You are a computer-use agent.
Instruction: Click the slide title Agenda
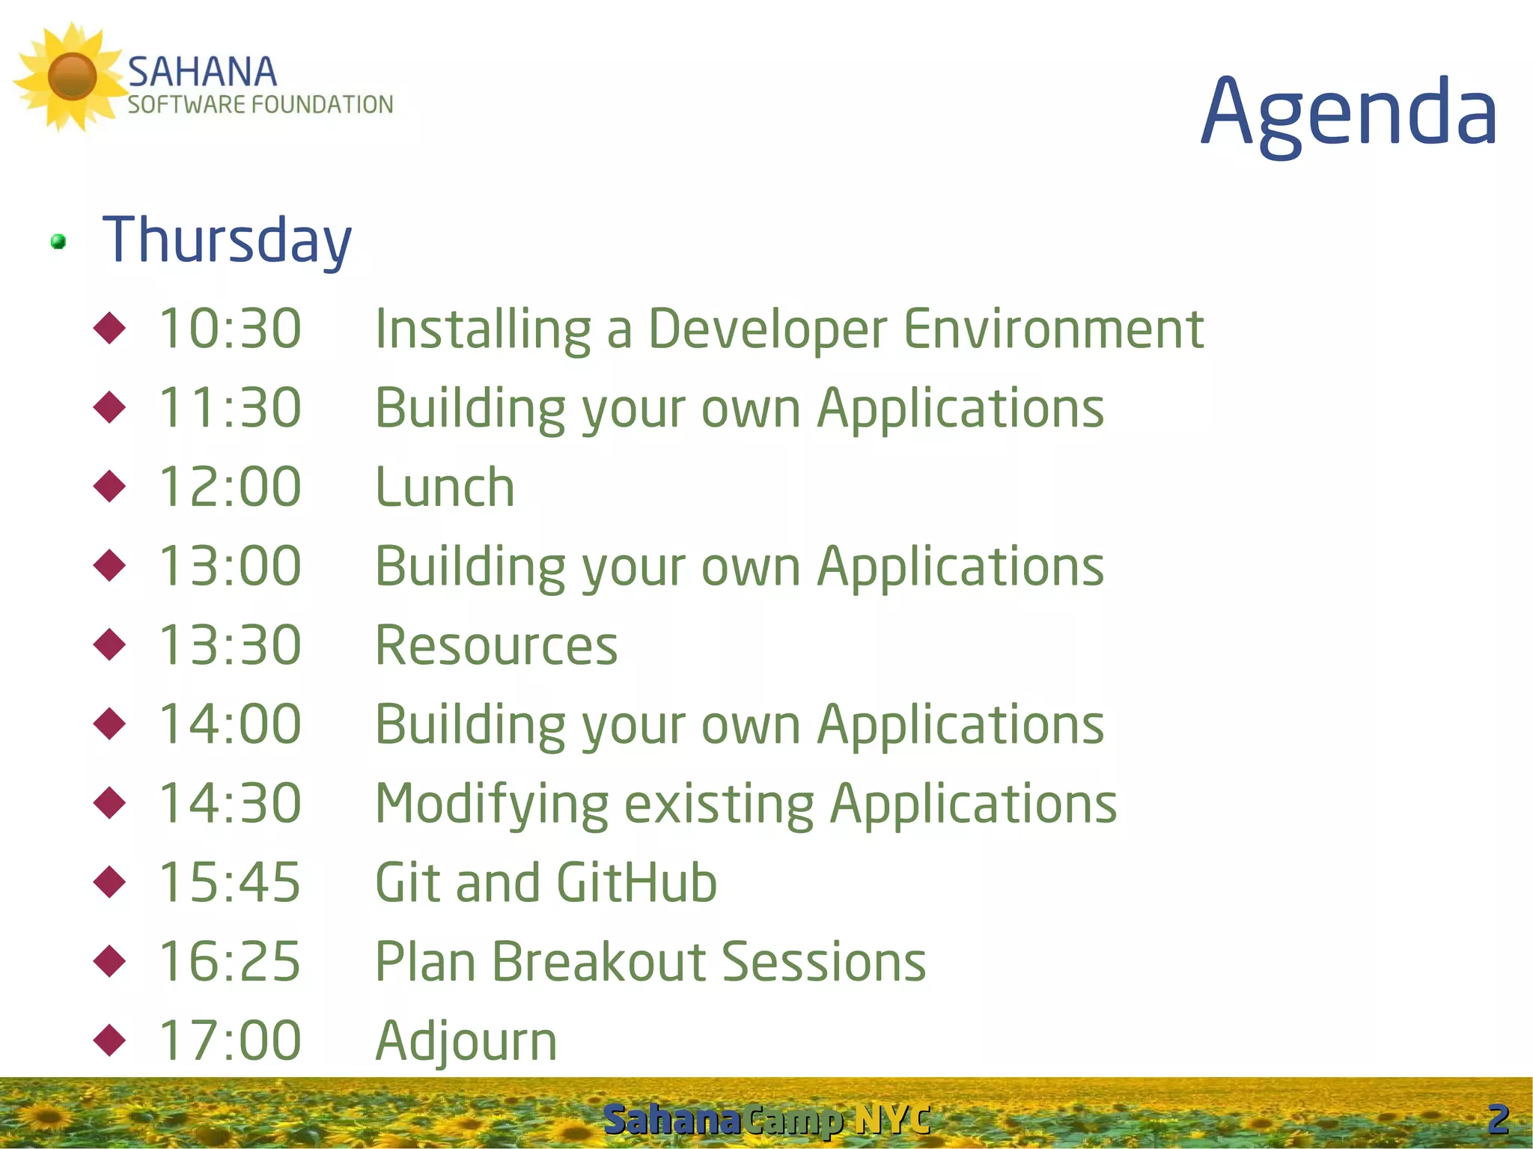pos(1349,115)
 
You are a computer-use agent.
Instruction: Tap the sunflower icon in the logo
pos(71,77)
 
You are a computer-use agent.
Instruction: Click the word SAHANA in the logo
pos(202,73)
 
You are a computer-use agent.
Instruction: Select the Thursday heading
pos(227,240)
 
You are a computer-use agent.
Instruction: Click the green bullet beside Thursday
pos(58,242)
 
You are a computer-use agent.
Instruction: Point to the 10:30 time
pos(230,329)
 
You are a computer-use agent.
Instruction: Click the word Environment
pos(1054,329)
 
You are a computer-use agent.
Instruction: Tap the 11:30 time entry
pos(230,408)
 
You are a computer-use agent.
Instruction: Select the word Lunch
pos(445,487)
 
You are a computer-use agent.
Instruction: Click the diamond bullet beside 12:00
pos(110,487)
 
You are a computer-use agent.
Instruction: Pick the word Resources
pos(496,645)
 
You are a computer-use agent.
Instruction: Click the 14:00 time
pos(230,724)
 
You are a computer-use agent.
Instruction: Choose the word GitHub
pos(637,882)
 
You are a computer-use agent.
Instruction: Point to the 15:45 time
pos(230,882)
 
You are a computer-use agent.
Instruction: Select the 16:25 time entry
pos(230,961)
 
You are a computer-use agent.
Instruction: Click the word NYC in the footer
pos(893,1120)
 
